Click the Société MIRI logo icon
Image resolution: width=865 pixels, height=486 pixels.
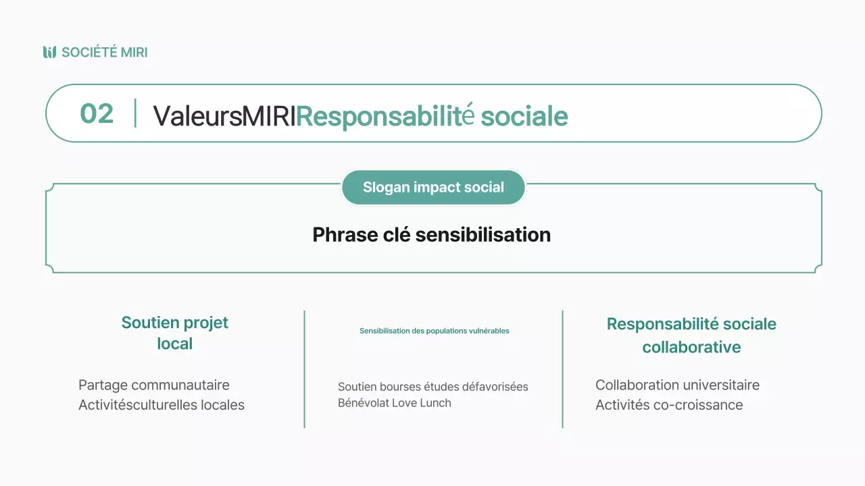click(x=49, y=52)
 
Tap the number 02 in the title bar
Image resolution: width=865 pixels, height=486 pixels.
click(x=97, y=113)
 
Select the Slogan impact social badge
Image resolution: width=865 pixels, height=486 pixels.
click(x=433, y=187)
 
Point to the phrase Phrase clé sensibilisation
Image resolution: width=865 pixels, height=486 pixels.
click(x=431, y=235)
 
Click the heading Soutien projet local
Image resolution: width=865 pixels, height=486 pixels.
click(x=175, y=333)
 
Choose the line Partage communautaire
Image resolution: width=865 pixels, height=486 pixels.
click(x=154, y=385)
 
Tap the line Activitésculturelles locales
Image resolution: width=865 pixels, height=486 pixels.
click(x=162, y=405)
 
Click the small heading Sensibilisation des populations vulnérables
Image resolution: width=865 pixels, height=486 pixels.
click(x=434, y=331)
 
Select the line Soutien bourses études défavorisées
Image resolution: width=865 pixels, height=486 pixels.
click(x=433, y=387)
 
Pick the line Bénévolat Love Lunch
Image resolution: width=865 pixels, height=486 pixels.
click(x=395, y=403)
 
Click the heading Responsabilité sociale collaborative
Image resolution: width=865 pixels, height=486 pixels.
click(x=691, y=335)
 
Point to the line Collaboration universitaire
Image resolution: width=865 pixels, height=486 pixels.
click(x=677, y=385)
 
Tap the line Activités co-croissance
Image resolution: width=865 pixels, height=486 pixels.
click(x=669, y=405)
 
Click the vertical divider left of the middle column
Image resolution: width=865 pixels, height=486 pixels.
click(x=305, y=369)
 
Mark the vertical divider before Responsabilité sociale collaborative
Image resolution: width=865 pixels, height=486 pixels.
click(x=562, y=369)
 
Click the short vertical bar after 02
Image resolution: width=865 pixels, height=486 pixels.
click(x=135, y=113)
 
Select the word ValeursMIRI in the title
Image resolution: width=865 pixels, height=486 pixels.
click(x=224, y=116)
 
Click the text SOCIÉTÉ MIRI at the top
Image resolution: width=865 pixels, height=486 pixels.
click(x=104, y=52)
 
